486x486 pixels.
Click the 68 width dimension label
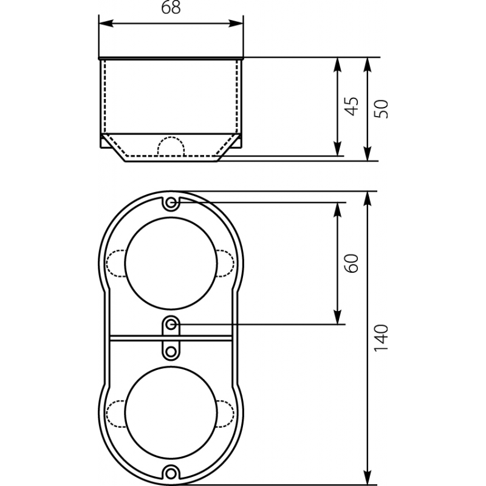tap(171, 7)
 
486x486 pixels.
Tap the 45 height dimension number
tap(352, 106)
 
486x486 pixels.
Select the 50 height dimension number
tap(382, 109)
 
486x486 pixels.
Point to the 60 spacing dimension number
tap(352, 263)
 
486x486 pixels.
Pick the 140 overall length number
tap(382, 338)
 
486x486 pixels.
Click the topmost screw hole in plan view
tap(171, 204)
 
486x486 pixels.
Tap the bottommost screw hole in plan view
tap(171, 473)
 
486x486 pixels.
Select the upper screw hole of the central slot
tap(171, 325)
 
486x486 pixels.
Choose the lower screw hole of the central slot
tap(171, 352)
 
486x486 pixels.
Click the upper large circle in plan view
tap(171, 218)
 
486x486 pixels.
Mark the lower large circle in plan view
tap(171, 367)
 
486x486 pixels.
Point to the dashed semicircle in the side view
tap(171, 137)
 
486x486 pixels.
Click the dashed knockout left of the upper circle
tap(107, 263)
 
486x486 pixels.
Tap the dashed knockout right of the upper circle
tap(234, 263)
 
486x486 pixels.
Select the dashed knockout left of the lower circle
tap(107, 414)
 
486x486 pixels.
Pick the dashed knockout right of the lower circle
tap(234, 414)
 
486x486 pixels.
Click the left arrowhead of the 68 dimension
tap(106, 23)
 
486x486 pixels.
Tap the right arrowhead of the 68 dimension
tap(236, 23)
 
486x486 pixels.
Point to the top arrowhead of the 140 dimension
tap(368, 199)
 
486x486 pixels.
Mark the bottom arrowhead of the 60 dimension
tap(338, 317)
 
